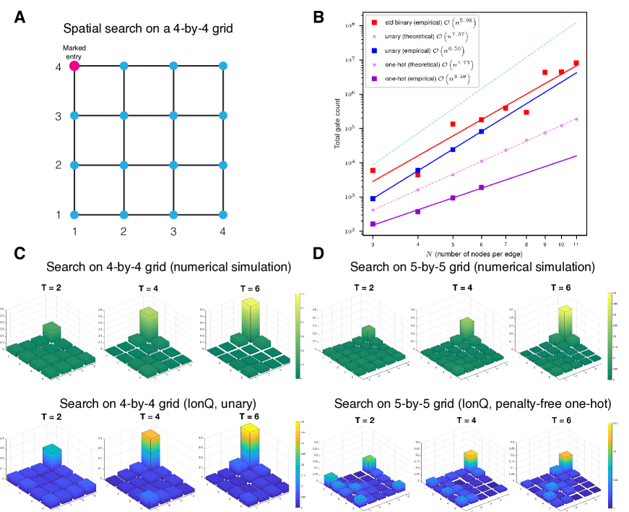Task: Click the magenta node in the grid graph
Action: [x=74, y=66]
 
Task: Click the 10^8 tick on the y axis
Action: [x=350, y=25]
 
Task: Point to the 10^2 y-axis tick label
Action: [x=350, y=231]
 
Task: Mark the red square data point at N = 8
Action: [x=526, y=112]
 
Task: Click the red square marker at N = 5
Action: [x=453, y=124]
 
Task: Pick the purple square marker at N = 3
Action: [x=373, y=224]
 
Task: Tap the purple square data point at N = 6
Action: [x=481, y=187]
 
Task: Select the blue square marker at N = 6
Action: [x=481, y=132]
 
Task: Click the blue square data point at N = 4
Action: [x=417, y=170]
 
